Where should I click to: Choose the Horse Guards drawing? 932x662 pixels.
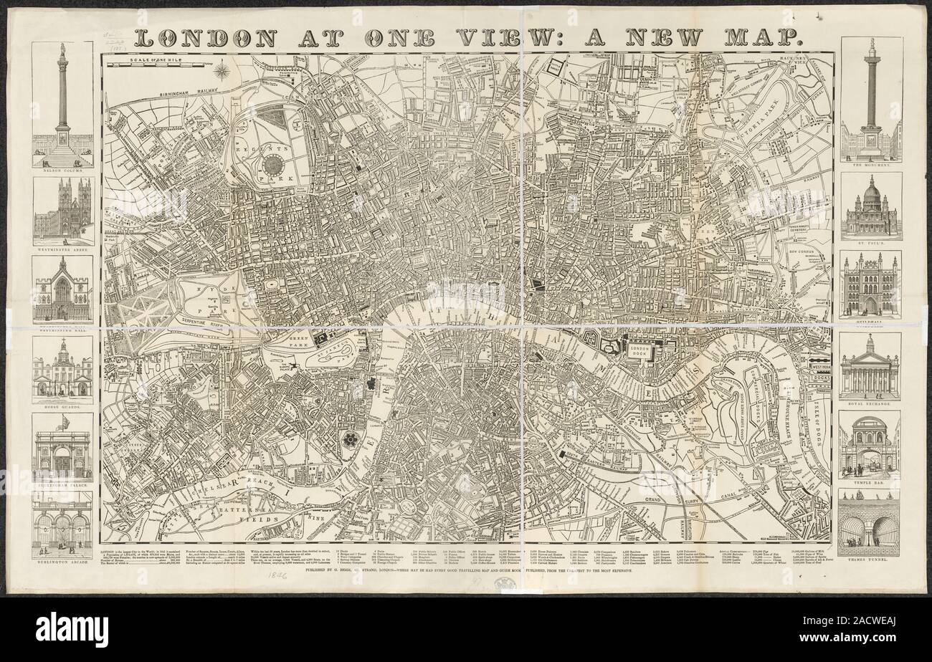pyautogui.click(x=62, y=369)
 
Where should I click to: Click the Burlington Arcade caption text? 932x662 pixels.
pyautogui.click(x=62, y=562)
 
